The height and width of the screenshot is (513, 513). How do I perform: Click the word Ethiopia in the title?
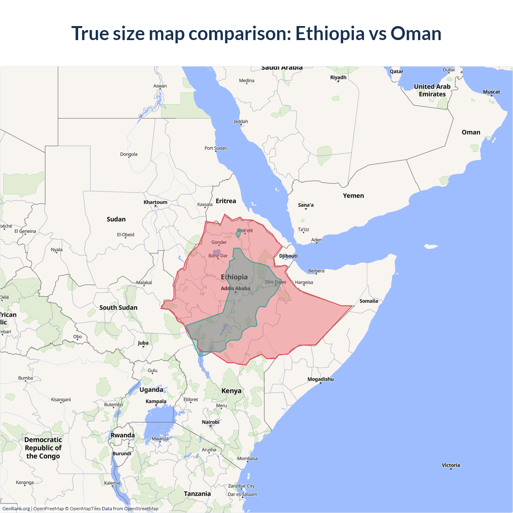pyautogui.click(x=330, y=34)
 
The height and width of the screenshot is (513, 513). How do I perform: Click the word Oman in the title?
pyautogui.click(x=416, y=34)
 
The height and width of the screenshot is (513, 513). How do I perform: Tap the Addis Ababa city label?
pyautogui.click(x=235, y=288)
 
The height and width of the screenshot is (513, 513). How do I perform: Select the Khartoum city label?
pyautogui.click(x=156, y=202)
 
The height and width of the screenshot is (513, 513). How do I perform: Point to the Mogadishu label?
pyautogui.click(x=320, y=379)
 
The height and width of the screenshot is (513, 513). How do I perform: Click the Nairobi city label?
pyautogui.click(x=210, y=422)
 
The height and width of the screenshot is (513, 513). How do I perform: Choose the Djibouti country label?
pyautogui.click(x=288, y=256)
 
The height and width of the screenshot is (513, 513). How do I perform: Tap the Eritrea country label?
pyautogui.click(x=226, y=201)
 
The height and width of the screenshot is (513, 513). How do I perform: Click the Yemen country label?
pyautogui.click(x=353, y=196)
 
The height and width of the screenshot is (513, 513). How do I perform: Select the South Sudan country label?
pyautogui.click(x=118, y=307)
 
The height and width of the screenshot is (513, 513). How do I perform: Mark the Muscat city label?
pyautogui.click(x=491, y=92)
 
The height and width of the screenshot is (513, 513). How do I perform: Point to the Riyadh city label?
pyautogui.click(x=338, y=77)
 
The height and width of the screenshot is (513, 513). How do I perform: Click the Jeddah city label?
pyautogui.click(x=240, y=121)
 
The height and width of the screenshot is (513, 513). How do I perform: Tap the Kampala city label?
pyautogui.click(x=156, y=401)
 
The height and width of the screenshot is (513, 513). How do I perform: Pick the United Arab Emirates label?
pyautogui.click(x=432, y=90)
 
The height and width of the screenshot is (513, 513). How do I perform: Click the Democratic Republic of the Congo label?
pyautogui.click(x=43, y=448)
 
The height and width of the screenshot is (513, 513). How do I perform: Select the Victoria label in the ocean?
pyautogui.click(x=450, y=465)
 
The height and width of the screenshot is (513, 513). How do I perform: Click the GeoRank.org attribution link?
pyautogui.click(x=16, y=509)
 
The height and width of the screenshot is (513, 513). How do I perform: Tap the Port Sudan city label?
pyautogui.click(x=216, y=148)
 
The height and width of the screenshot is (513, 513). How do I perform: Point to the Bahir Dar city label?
pyautogui.click(x=218, y=255)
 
